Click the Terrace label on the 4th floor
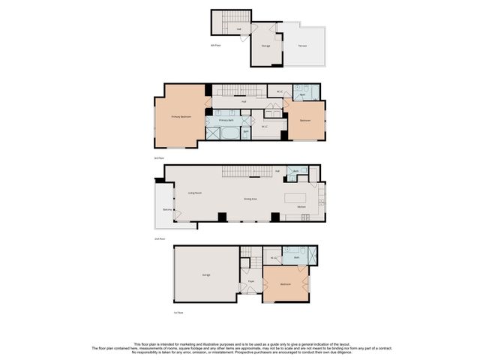coord(302,46)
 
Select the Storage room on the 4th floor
coord(266,46)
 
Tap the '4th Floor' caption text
coord(215,46)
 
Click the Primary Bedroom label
coord(181,117)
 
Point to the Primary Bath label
coord(226,121)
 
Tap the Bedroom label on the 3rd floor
coord(305,121)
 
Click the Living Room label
coord(194,193)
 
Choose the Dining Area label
coord(250,199)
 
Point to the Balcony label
coord(167,209)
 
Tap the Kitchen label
coord(301,206)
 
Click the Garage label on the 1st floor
coord(205,275)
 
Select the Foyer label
coord(250,281)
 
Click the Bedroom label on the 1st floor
coord(286,284)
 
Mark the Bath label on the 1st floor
coord(297,257)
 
